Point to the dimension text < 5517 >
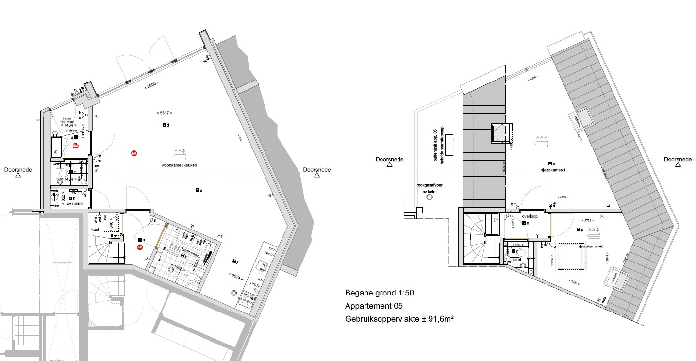pos(164,113)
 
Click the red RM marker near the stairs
pos(140,247)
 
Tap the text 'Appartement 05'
pos(373,306)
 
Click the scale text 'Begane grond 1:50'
pos(379,293)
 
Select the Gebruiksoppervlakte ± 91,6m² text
pos(399,319)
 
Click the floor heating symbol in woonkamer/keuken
pos(182,154)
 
